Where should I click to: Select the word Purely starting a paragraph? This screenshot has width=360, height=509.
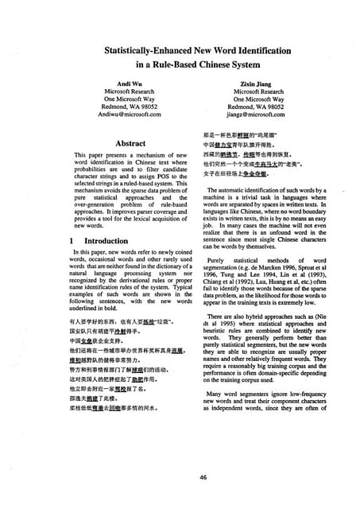coord(219,260)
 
